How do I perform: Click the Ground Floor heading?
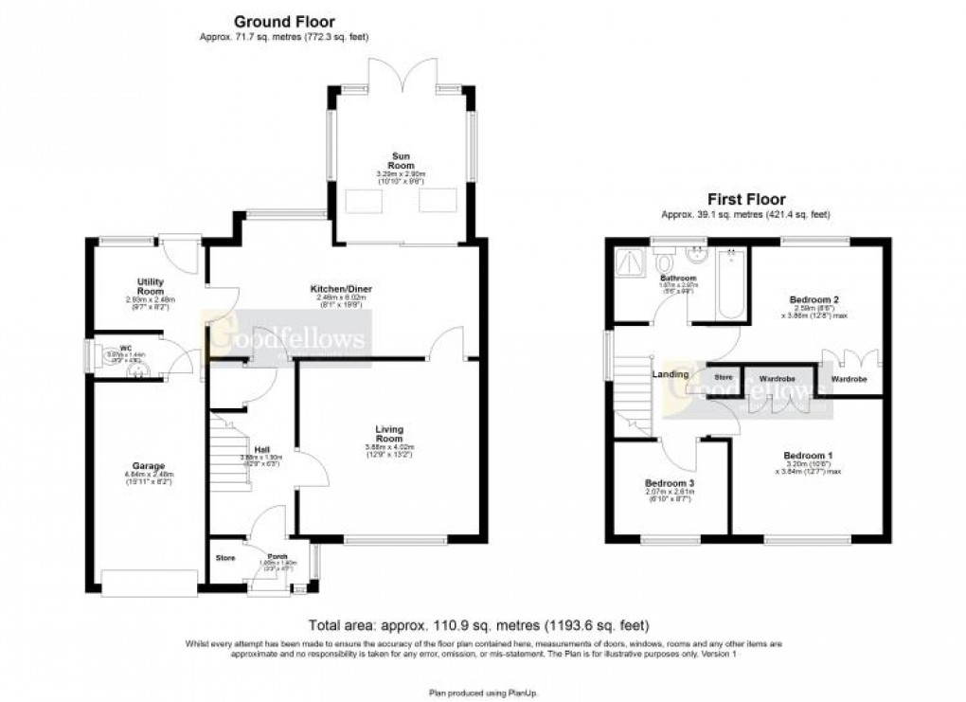pos(284,21)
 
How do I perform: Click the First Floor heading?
pos(746,200)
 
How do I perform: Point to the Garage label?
pos(150,467)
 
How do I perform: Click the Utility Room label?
pos(151,286)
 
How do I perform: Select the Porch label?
pos(277,556)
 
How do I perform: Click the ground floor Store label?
pos(225,557)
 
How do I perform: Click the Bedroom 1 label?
pos(802,454)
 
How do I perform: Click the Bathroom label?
pos(678,279)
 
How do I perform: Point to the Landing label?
pos(670,374)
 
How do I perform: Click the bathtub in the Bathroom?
pos(731,285)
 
